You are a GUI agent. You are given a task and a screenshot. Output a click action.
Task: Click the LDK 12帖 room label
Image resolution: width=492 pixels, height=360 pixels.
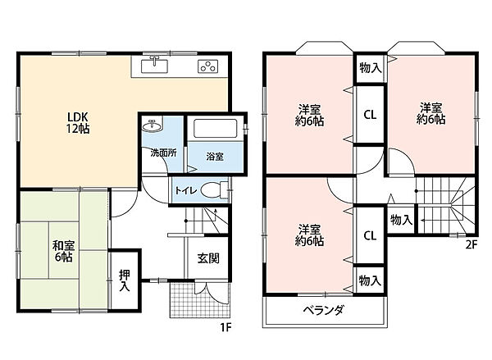click(x=78, y=123)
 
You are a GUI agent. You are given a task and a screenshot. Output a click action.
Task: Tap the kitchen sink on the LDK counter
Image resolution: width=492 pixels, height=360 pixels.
click(x=154, y=65)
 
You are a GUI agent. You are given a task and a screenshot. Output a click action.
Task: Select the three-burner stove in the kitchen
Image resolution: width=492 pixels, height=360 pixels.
click(x=207, y=66)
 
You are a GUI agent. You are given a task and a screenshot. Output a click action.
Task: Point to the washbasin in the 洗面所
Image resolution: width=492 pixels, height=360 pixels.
click(x=153, y=125)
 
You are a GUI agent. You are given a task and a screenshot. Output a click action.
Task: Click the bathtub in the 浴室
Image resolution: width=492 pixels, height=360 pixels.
click(x=215, y=128)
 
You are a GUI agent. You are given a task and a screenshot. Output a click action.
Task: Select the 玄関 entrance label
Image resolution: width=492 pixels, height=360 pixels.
click(x=208, y=258)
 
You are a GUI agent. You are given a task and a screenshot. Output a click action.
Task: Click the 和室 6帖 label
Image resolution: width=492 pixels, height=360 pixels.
click(x=63, y=251)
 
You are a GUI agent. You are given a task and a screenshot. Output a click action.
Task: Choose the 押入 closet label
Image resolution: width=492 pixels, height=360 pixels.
click(x=125, y=280)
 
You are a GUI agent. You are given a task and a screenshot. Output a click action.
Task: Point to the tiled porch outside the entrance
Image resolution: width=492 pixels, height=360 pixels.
click(x=199, y=300)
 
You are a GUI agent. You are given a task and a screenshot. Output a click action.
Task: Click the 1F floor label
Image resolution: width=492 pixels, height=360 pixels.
click(x=225, y=328)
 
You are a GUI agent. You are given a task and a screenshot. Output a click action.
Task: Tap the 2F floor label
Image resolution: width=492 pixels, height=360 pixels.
click(x=471, y=244)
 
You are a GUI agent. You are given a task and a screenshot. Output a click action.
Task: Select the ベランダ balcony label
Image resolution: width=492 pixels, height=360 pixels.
click(x=324, y=311)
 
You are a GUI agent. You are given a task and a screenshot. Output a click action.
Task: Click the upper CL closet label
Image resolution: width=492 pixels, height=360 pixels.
click(x=370, y=115)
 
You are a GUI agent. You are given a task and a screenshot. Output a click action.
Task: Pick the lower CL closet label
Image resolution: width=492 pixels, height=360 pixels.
click(x=370, y=235)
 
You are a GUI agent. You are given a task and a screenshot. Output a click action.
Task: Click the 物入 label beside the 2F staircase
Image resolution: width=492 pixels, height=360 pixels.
click(x=401, y=220)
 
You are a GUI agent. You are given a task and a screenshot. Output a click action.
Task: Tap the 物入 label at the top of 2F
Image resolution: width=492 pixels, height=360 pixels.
click(x=371, y=68)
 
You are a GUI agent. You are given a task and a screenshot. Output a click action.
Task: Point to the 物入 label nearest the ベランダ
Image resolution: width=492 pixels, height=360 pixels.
click(x=371, y=280)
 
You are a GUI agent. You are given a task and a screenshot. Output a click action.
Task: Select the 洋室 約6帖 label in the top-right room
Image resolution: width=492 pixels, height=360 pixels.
click(x=430, y=113)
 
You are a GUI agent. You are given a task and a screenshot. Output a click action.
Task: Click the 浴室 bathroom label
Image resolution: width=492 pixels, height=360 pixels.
click(x=215, y=157)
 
